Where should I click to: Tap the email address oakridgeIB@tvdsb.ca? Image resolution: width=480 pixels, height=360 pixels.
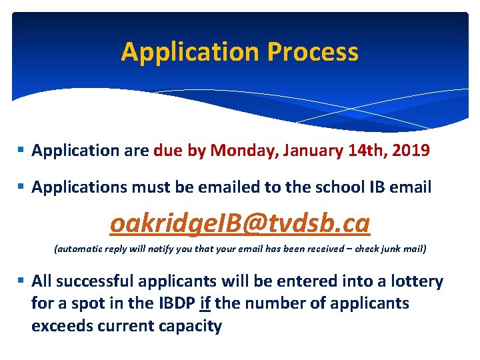[x=240, y=224]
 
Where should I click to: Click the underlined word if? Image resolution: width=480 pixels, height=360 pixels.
[x=205, y=303]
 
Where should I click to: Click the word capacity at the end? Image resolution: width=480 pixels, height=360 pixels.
[x=189, y=326]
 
